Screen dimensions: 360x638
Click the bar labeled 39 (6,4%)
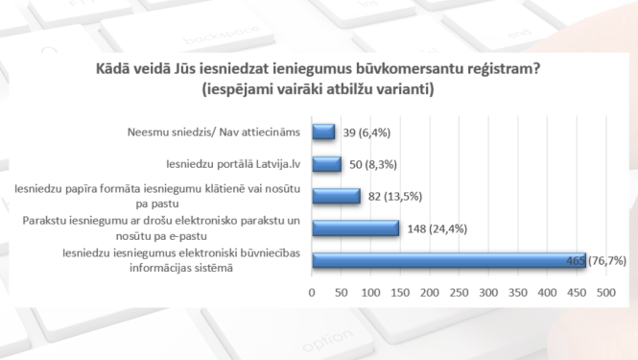322,132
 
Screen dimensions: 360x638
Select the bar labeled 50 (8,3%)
326,164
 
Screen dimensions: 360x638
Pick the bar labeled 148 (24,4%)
355,228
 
